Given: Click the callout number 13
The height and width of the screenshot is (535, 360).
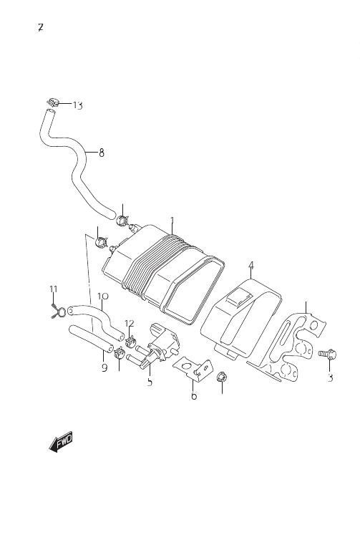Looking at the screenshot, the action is pos(78,105).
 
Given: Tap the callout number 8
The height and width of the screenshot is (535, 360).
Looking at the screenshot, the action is pos(101,153).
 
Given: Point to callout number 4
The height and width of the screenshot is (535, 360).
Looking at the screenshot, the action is pos(251,265).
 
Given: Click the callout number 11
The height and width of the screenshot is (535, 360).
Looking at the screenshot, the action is pos(54,289).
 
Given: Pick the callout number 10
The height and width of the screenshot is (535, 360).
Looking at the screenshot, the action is pos(102,296).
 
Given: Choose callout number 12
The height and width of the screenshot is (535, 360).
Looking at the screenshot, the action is pos(130,323).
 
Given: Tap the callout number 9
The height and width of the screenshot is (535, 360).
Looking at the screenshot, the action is pos(104,368).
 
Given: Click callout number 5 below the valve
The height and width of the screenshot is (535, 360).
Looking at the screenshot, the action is pos(150,382).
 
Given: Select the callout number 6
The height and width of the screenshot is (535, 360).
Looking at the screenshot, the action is pos(194,395).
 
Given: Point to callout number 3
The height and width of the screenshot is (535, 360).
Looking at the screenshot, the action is pos(330,377).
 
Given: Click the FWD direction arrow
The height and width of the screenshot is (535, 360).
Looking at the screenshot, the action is pos(61,442).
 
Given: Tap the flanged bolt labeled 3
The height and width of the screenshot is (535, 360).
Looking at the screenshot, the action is pos(328,355).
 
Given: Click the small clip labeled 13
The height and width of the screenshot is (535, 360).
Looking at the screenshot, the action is pos(52,102).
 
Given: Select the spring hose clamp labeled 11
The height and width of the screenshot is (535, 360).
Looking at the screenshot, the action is pos(59,311).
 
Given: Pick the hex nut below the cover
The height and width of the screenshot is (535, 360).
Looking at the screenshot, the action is pos(221,377).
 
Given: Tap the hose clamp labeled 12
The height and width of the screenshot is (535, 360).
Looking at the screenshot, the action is pos(130,341).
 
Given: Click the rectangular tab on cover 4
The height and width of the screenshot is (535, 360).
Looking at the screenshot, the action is pos(240,297).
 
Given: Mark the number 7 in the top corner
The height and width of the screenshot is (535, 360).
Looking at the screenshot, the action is pos(41,27).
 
